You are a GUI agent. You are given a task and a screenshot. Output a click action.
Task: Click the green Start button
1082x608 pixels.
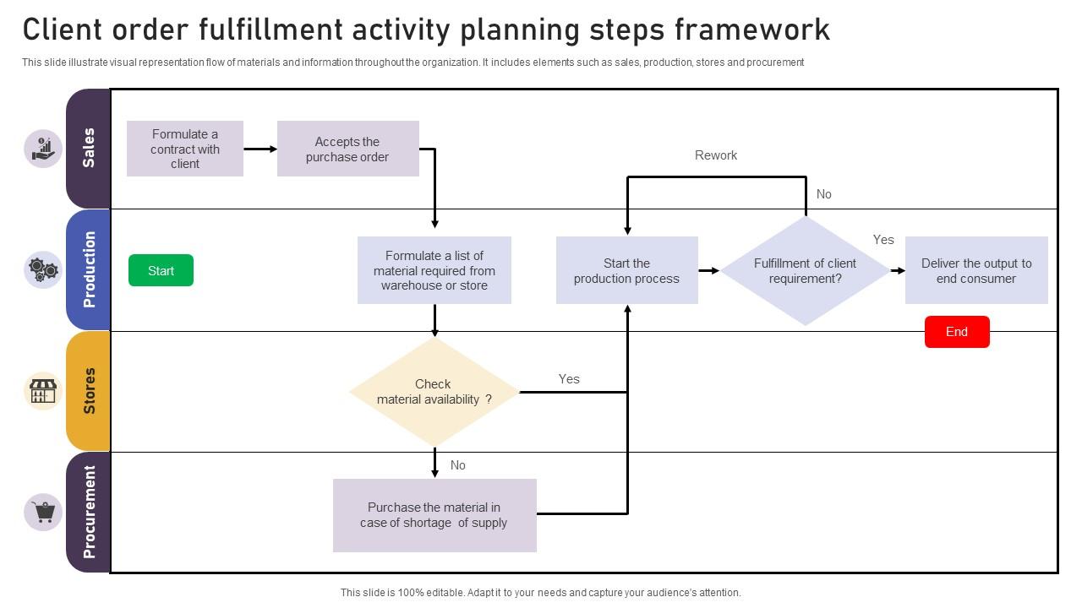coord(161,270)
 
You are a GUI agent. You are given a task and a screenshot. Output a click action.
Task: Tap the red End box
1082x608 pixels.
coord(957,332)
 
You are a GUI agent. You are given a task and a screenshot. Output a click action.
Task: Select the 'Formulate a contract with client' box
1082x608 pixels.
coord(185,149)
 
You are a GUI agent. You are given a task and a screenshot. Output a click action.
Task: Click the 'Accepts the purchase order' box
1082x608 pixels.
coord(347,149)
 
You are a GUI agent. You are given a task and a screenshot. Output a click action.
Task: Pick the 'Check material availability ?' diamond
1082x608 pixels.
coord(434,392)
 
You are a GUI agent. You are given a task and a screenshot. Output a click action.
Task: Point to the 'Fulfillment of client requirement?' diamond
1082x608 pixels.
coord(805,271)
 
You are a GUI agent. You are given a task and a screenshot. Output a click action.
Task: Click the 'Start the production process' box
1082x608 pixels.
coord(626,271)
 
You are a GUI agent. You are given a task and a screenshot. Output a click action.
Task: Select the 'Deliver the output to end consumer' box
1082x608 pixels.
coord(976,271)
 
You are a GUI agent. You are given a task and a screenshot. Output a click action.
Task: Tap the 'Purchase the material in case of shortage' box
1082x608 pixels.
coord(434,515)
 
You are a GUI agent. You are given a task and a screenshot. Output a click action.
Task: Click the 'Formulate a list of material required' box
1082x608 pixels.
coord(434,270)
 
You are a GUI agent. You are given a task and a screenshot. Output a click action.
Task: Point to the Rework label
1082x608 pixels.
coord(716,155)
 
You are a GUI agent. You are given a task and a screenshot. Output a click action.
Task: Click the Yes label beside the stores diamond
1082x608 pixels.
coord(569,379)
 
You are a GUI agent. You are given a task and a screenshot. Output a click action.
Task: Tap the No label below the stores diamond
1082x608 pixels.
coord(458,465)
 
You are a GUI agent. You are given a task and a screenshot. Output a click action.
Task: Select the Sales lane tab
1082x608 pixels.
coord(88,149)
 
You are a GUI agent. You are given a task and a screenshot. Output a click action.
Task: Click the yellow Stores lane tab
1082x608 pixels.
coord(88,391)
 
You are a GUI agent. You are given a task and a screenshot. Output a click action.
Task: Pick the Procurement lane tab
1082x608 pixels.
coord(88,512)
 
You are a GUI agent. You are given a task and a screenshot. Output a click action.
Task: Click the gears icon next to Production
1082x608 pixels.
coord(43,270)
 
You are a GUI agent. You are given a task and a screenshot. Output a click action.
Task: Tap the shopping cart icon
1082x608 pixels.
coord(43,512)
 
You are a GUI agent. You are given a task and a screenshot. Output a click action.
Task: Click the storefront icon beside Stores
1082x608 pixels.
coord(43,391)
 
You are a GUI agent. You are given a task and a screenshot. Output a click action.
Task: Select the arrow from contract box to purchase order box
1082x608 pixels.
coord(260,149)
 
